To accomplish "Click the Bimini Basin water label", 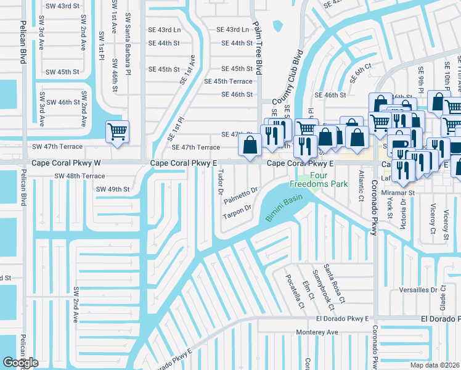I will coord(285,210).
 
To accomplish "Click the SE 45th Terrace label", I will coord(228,81).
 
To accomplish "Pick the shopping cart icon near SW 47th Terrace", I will coord(116,131).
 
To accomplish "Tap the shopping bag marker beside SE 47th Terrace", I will coord(250,146).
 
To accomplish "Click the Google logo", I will coord(20,363).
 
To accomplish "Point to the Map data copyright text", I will coord(435,365).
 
